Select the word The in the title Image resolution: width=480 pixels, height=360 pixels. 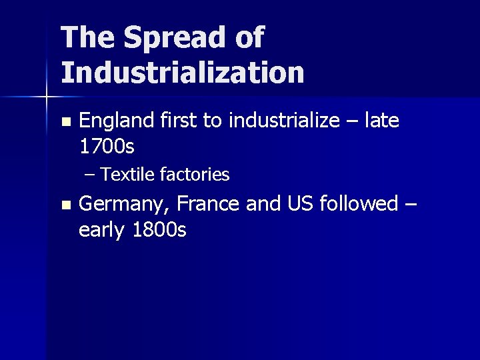coord(86,37)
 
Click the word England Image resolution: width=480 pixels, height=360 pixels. coord(117,121)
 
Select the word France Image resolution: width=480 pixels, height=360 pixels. coord(208,203)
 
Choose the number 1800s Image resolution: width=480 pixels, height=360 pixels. coord(159,230)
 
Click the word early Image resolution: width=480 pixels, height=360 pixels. coord(103,231)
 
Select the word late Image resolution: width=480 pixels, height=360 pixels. coord(383,121)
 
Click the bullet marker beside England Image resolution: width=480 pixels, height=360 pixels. coord(64,122)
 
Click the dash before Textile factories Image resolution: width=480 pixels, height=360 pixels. coord(91,175)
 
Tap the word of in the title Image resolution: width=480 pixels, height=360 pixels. coord(249,37)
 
